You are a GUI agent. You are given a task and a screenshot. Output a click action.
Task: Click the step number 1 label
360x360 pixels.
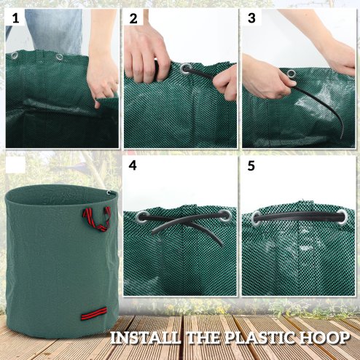14,19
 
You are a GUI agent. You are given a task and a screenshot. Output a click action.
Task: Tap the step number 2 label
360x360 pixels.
133,19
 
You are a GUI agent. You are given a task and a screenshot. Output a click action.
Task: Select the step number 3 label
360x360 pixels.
251,19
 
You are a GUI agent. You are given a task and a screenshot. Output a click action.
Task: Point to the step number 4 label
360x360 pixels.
133,165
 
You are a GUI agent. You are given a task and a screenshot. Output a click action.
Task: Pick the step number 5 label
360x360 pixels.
251,165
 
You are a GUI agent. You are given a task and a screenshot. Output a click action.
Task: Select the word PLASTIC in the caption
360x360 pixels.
270,337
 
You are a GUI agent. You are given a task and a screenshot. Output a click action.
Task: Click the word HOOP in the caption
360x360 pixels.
332,337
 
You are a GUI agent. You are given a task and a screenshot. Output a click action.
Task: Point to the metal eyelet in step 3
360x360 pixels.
291,73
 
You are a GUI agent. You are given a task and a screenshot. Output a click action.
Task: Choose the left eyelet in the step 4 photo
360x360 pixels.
142,216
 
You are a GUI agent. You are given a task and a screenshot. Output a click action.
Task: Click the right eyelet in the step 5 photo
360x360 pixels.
342,216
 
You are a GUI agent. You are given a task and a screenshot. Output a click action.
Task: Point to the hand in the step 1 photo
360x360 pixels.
102,77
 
